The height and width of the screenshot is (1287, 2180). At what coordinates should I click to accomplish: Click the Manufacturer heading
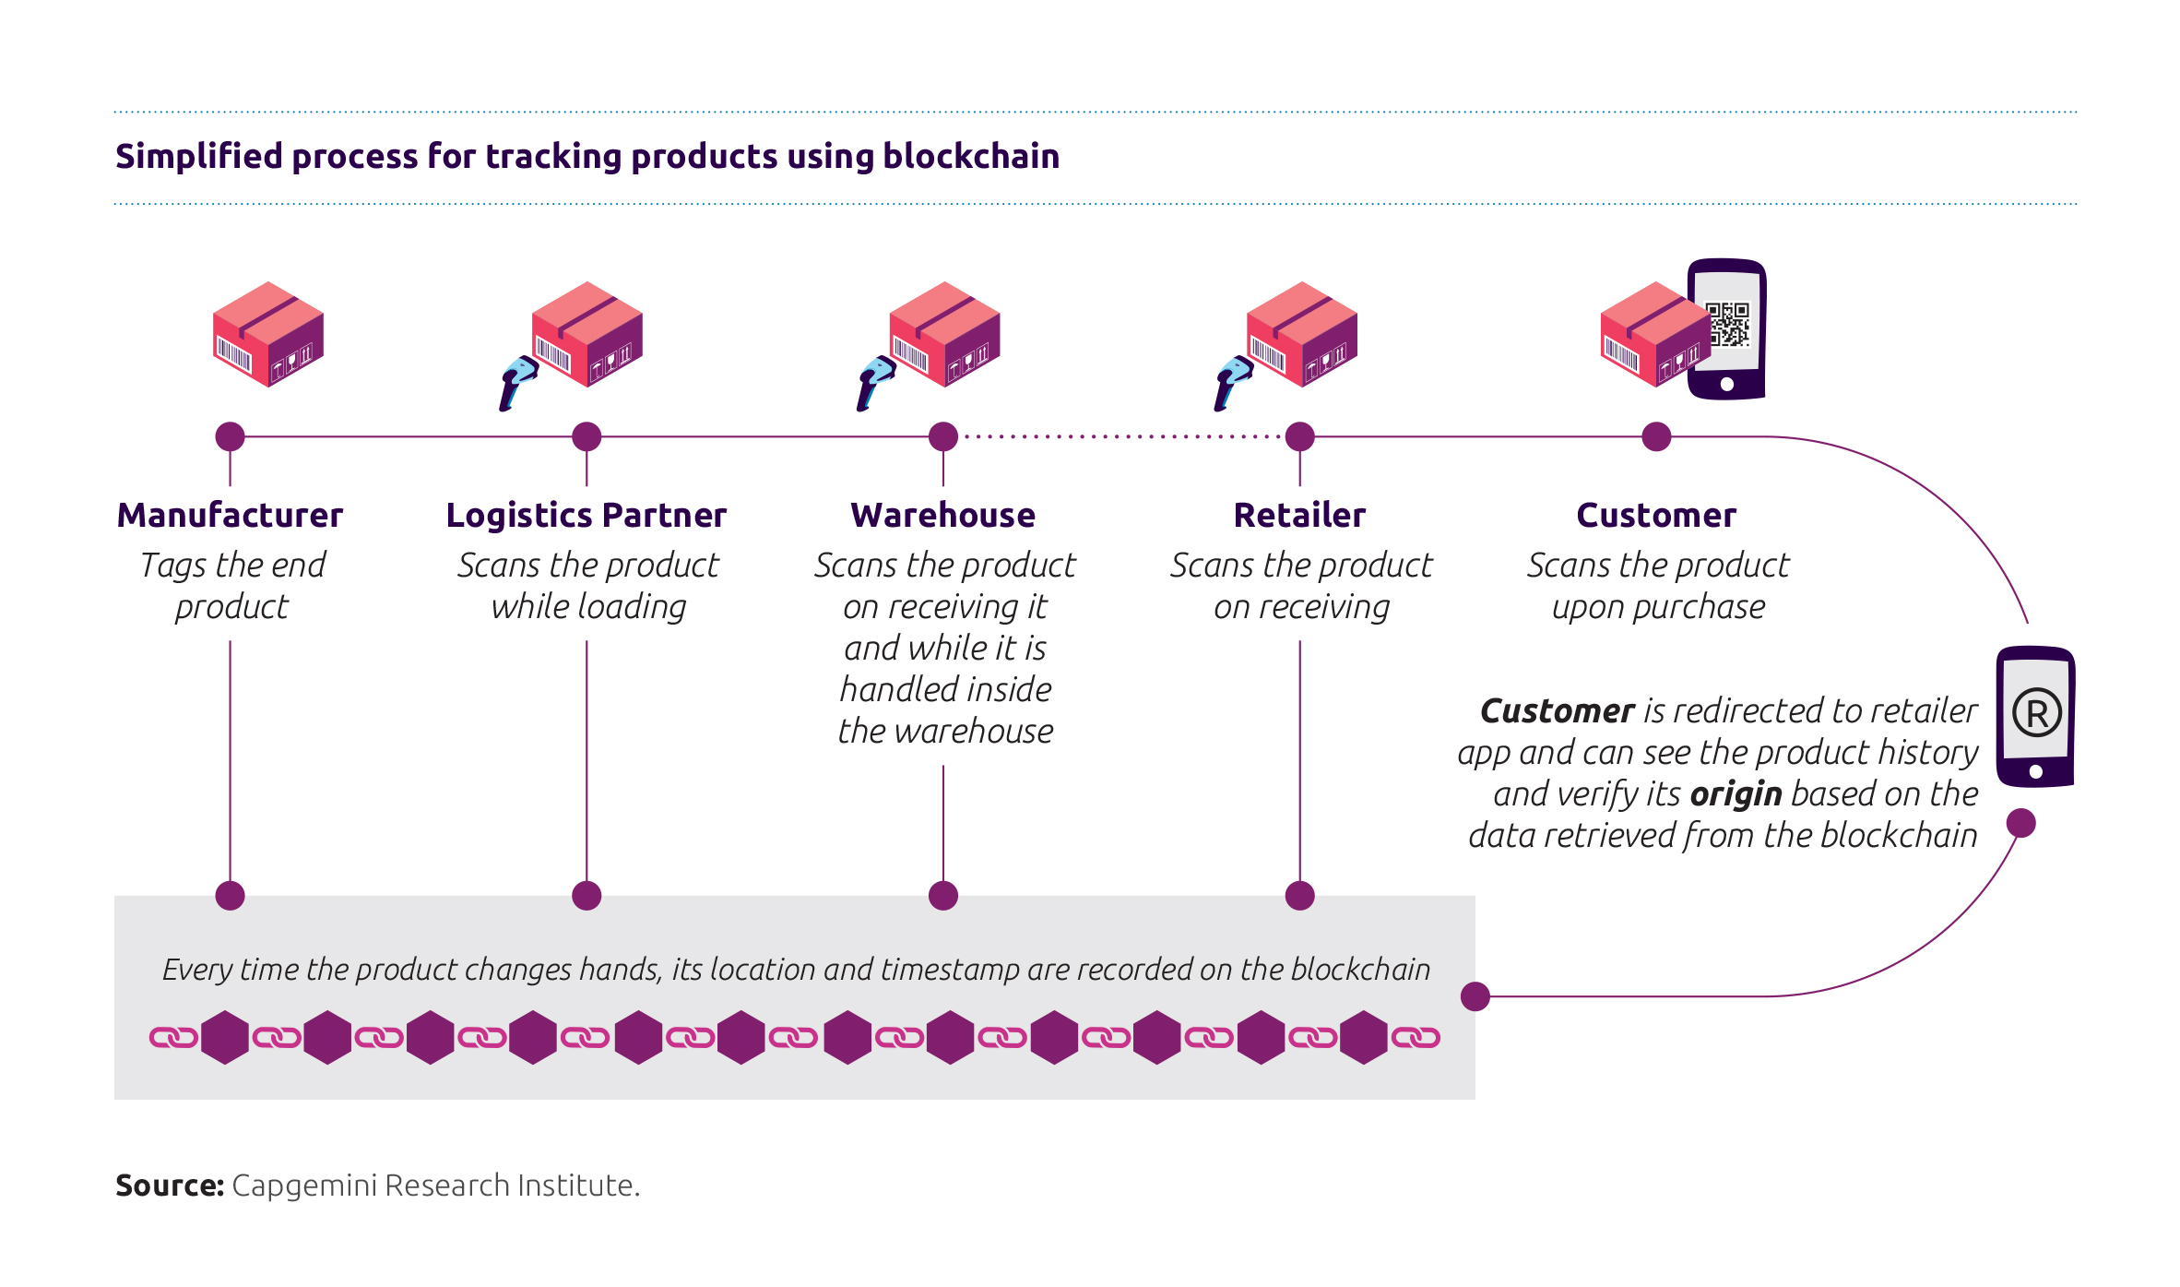click(230, 515)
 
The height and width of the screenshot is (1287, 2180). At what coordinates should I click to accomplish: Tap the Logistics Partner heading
click(586, 515)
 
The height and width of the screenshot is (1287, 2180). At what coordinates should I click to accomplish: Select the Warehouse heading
click(942, 515)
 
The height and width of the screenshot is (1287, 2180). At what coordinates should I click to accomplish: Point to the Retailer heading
click(1299, 515)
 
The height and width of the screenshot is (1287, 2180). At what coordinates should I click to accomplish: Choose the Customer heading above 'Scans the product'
click(1656, 515)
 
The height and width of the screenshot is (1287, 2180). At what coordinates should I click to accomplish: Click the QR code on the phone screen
click(1727, 325)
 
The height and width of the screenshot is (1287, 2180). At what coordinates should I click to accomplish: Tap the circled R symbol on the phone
click(2037, 713)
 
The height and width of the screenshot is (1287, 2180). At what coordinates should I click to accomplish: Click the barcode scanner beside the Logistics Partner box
click(517, 380)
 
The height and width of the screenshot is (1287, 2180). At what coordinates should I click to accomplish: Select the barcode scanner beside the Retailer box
click(1232, 380)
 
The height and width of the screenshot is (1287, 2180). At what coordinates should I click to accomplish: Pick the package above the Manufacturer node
click(268, 334)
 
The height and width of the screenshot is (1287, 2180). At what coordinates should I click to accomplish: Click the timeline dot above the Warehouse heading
click(942, 436)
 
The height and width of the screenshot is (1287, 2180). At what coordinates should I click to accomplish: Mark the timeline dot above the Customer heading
click(1656, 436)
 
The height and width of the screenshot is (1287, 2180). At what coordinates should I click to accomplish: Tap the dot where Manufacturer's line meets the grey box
click(230, 895)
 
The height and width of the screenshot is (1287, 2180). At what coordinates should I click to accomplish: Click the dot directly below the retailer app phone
click(2020, 823)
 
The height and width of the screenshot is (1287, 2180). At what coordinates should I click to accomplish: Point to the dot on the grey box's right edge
click(1475, 996)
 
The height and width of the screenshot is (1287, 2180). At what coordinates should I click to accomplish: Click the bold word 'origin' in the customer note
click(1736, 793)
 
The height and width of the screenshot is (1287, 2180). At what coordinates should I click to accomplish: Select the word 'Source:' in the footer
click(170, 1186)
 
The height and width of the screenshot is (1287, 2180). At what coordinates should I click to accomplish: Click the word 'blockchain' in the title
click(971, 157)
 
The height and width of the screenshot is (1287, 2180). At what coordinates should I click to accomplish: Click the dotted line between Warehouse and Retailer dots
click(1121, 436)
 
